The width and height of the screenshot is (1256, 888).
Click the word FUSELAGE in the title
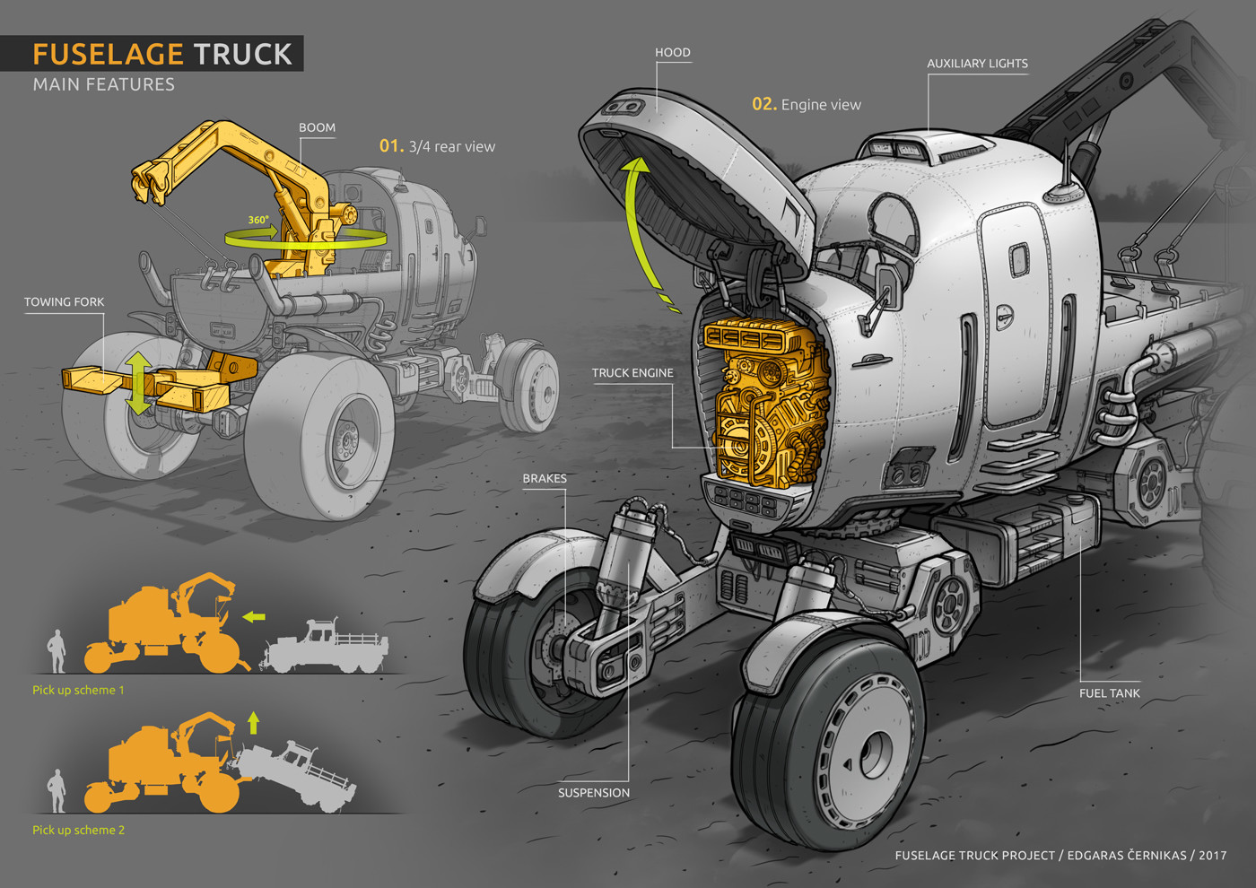(108, 55)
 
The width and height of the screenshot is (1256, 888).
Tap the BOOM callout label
(317, 127)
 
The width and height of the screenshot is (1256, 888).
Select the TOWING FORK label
(64, 302)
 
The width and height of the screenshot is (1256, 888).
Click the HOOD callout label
(672, 53)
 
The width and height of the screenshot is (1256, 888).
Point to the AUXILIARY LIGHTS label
(977, 64)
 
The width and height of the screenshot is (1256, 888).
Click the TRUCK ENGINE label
(632, 373)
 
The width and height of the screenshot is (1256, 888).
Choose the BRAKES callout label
(545, 479)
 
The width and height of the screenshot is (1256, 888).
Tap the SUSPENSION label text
(594, 793)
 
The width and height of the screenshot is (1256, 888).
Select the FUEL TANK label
(1109, 693)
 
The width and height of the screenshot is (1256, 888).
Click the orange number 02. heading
(764, 104)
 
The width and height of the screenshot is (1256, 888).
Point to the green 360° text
(258, 220)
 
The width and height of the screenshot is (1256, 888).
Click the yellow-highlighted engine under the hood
(765, 401)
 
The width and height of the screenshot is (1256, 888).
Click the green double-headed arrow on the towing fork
(138, 384)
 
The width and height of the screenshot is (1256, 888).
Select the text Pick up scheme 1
(78, 690)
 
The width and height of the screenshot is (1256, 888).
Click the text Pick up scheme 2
(78, 831)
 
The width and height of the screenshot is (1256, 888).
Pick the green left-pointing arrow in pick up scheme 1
(253, 617)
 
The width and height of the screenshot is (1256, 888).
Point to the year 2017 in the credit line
(1212, 856)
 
